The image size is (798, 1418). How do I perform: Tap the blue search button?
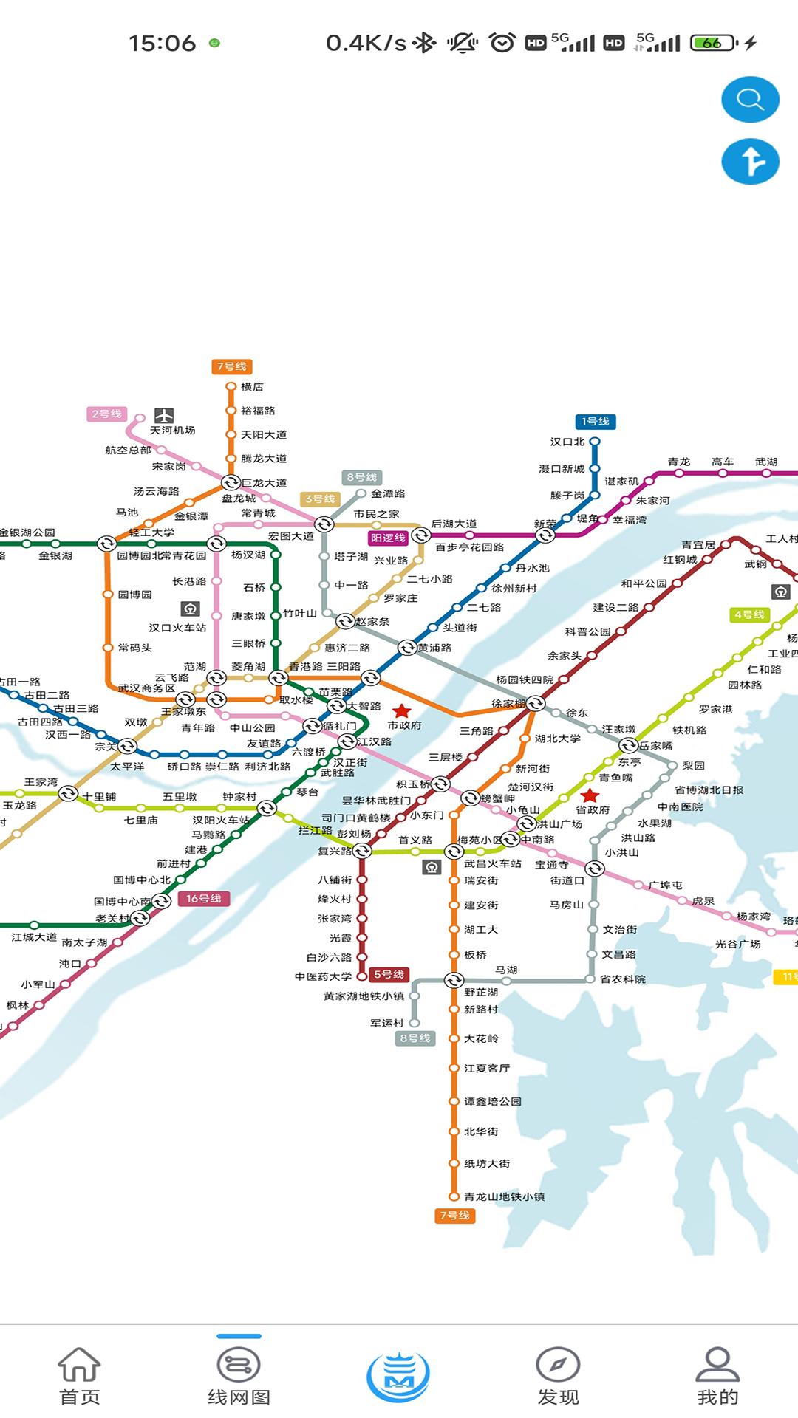(x=750, y=100)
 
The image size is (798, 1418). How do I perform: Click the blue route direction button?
(x=750, y=161)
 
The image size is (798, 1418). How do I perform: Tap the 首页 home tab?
(x=79, y=1376)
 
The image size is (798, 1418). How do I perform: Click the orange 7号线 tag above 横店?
(x=231, y=366)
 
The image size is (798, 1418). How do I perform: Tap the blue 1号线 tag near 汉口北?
(x=595, y=422)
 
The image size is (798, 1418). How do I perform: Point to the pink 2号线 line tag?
(x=107, y=414)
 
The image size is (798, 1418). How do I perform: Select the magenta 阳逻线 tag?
(x=389, y=538)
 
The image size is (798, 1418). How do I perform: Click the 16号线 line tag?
(x=203, y=899)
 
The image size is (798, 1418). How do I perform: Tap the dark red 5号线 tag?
(x=389, y=975)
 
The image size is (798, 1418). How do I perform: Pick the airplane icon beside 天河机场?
(x=164, y=416)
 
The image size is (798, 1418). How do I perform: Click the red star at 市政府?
(x=401, y=711)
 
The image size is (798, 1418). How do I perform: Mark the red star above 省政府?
(x=590, y=795)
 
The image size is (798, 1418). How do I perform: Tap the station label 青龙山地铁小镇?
(x=504, y=1196)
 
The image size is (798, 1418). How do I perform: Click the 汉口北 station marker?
(x=595, y=442)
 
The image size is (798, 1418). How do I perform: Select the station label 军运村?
(x=386, y=1023)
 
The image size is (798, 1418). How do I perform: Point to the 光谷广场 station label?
(x=737, y=944)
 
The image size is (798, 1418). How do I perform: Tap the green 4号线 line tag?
(x=749, y=614)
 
